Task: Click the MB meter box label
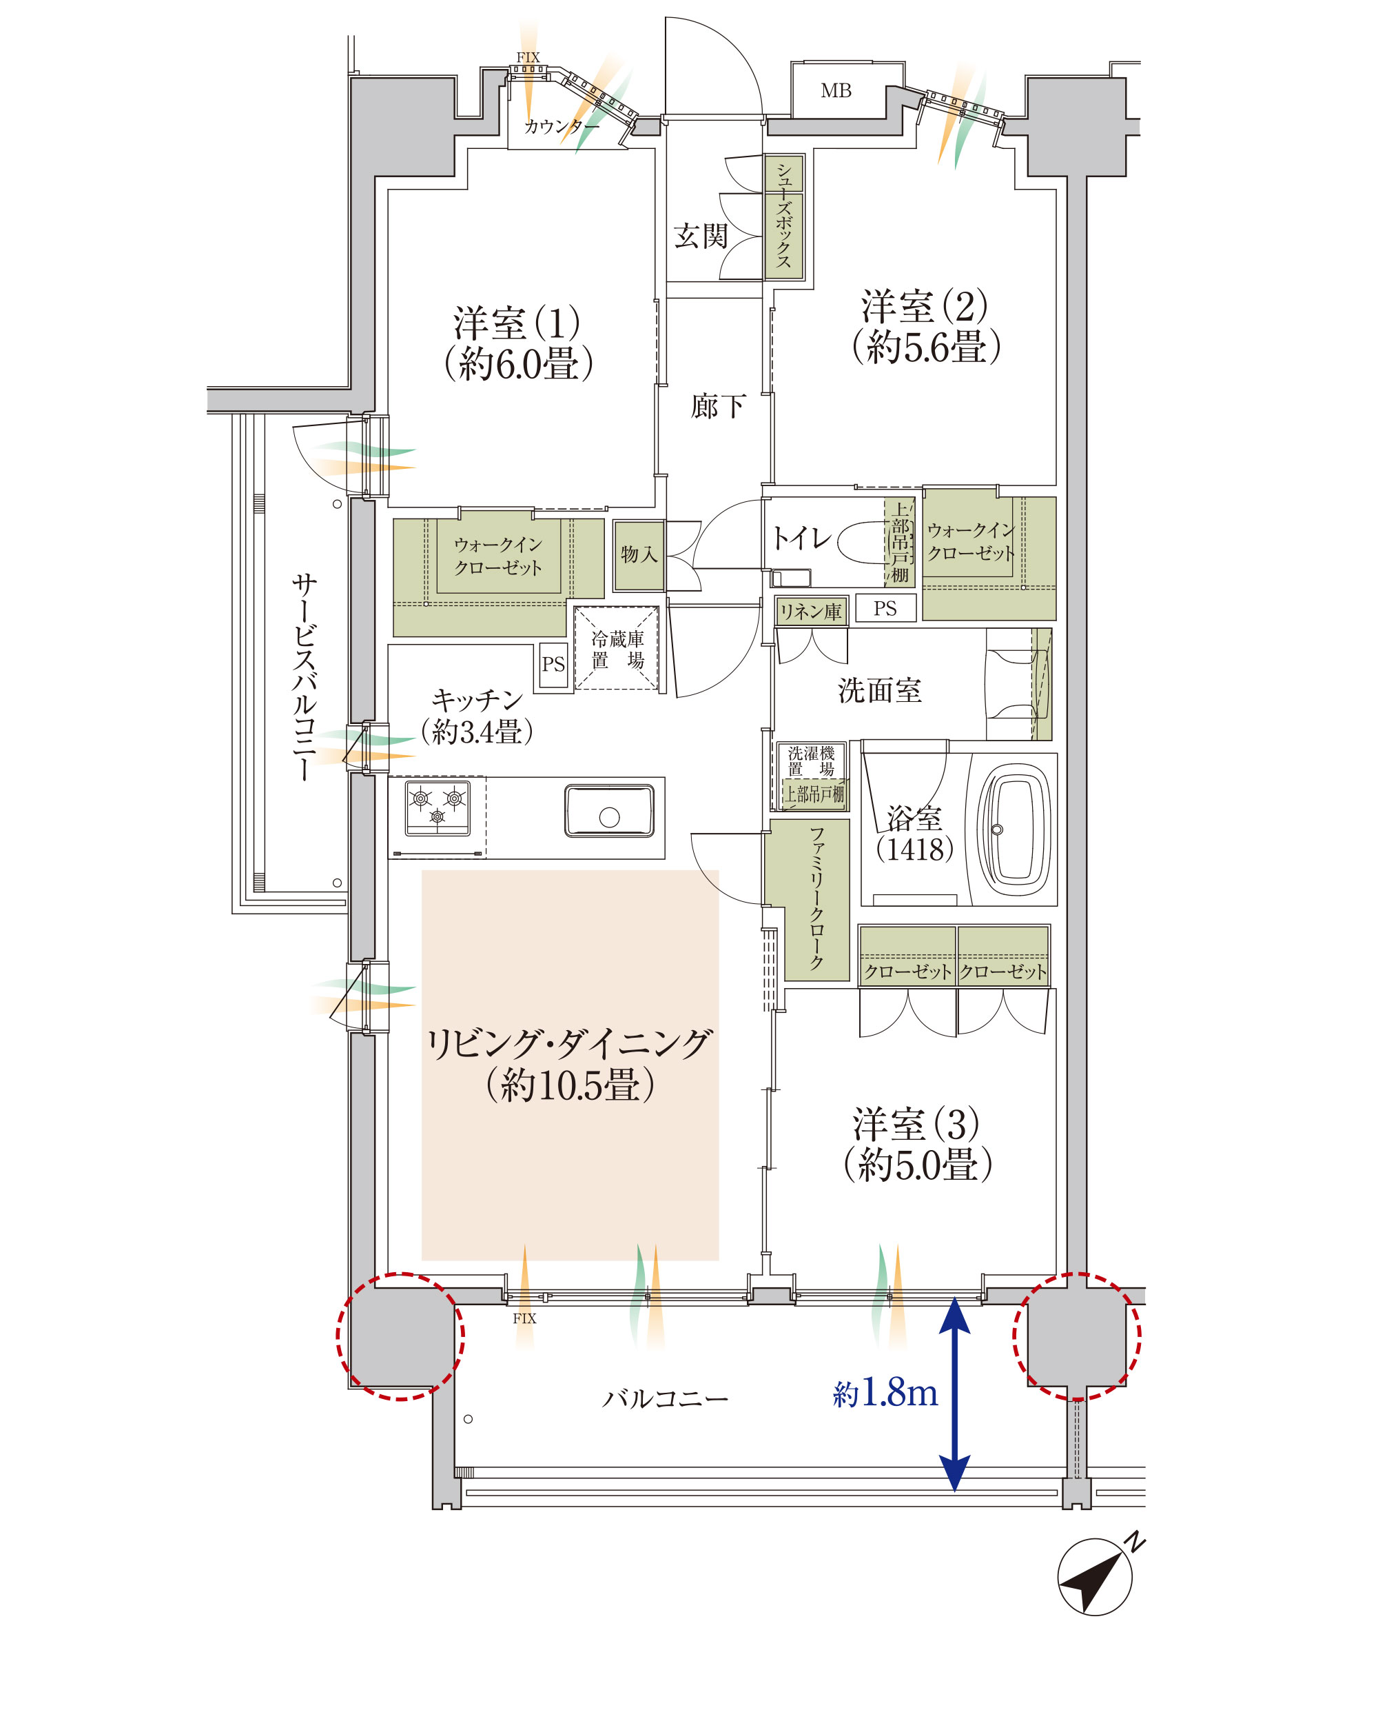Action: click(836, 90)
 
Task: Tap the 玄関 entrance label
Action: click(700, 236)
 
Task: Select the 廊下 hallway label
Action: click(717, 407)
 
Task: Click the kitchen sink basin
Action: click(609, 810)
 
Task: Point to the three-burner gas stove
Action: click(437, 807)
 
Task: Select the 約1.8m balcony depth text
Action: click(885, 1391)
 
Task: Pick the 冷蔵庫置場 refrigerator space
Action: click(617, 648)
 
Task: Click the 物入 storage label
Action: click(639, 554)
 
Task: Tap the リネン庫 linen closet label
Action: click(810, 611)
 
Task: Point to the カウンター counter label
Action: click(562, 126)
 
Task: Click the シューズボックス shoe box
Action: click(784, 216)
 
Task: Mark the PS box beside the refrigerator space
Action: click(553, 664)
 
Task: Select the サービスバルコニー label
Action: click(303, 676)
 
